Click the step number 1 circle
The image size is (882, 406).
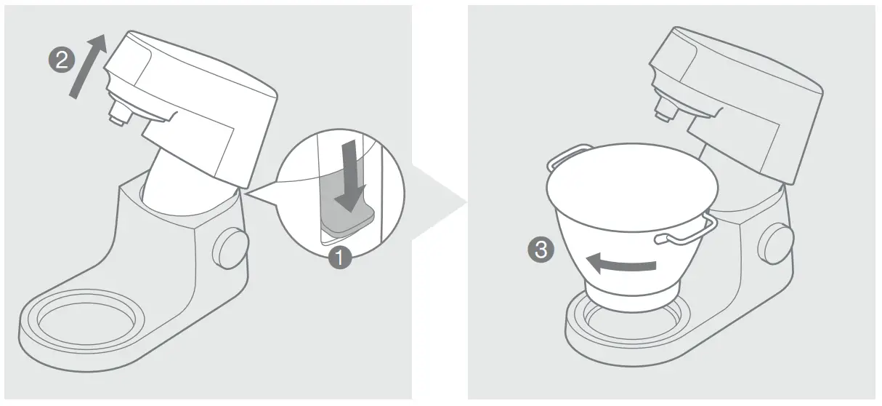pyautogui.click(x=339, y=256)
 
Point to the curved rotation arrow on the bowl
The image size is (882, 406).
pyautogui.click(x=621, y=263)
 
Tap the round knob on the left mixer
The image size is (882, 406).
pyautogui.click(x=230, y=247)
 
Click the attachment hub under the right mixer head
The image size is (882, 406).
pyautogui.click(x=663, y=108)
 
